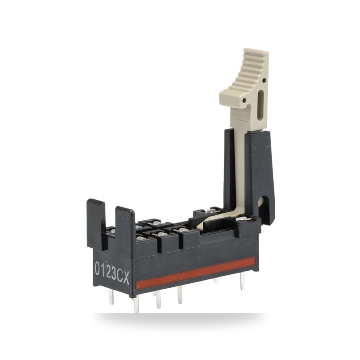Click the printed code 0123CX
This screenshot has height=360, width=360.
[112, 274]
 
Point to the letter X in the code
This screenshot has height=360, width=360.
[126, 278]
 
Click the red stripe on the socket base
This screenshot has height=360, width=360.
[195, 273]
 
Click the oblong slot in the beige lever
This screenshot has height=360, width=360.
[261, 105]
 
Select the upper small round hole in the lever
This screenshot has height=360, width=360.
[264, 80]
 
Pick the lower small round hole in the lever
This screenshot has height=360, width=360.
[245, 100]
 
